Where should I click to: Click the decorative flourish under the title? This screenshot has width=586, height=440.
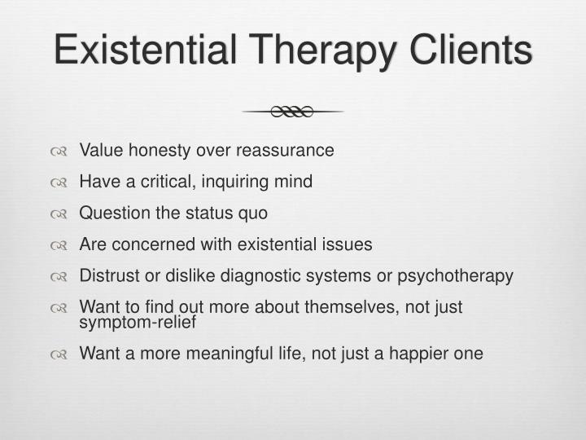(x=292, y=112)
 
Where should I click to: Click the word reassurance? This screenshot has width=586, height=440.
(x=285, y=151)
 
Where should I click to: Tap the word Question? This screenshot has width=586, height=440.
(x=113, y=213)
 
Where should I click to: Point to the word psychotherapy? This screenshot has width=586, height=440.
(x=455, y=275)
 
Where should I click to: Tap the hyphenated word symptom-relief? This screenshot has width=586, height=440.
(x=138, y=321)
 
